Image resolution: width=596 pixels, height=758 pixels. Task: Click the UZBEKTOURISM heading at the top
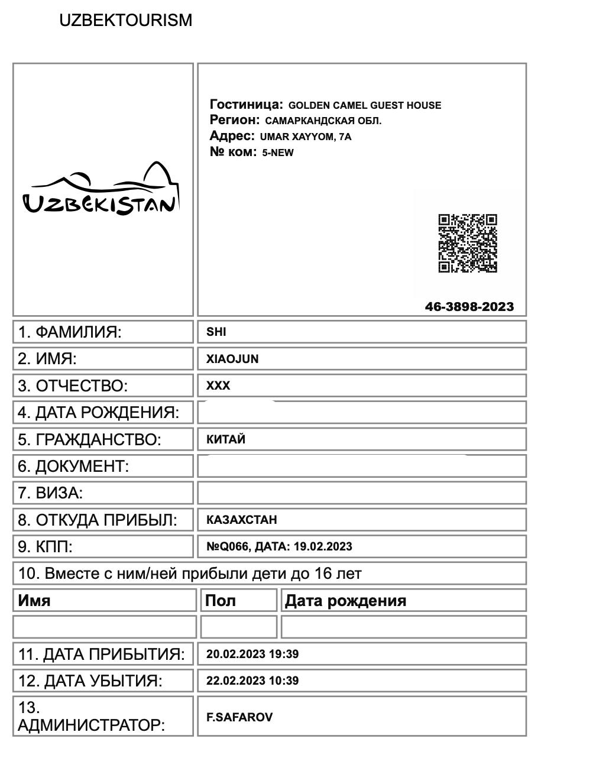(125, 20)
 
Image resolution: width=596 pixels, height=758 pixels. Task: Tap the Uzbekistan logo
(101, 189)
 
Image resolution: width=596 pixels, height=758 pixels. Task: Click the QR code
(467, 244)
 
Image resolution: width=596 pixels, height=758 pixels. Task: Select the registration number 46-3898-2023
(469, 307)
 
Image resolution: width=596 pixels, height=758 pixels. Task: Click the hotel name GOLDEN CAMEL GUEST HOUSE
(364, 106)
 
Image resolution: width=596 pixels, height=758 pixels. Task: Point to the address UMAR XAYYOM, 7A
(305, 137)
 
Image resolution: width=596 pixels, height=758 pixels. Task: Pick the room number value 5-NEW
(278, 153)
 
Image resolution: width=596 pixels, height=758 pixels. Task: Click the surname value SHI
(216, 332)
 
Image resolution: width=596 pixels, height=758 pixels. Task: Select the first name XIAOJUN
(232, 359)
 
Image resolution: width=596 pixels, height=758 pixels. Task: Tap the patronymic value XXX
(218, 386)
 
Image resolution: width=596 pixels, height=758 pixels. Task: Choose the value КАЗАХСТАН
(241, 520)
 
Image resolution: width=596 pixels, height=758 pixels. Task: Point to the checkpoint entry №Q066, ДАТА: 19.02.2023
(278, 546)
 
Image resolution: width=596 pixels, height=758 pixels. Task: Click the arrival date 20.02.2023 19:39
(252, 654)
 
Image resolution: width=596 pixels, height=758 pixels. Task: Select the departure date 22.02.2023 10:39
(252, 681)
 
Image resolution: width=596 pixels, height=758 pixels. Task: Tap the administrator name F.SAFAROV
(239, 717)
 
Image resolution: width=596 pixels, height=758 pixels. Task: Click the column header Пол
(220, 601)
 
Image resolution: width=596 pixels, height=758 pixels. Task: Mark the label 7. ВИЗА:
(50, 493)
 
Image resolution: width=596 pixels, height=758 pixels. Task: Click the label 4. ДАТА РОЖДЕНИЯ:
(98, 413)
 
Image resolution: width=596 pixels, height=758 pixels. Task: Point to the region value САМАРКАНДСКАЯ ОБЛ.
(323, 121)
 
